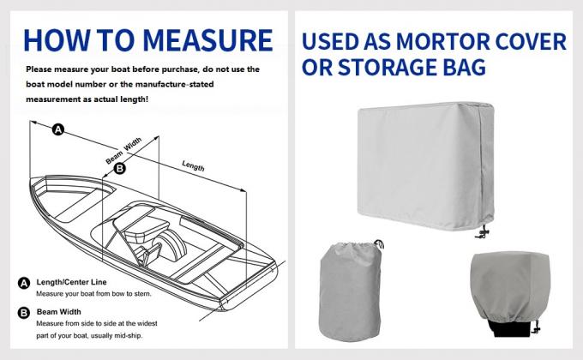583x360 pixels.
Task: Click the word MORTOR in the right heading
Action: (x=467, y=41)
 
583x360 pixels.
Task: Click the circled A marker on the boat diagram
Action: (x=57, y=130)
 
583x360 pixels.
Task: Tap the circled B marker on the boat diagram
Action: (x=119, y=169)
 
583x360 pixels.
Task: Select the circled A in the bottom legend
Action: (x=23, y=283)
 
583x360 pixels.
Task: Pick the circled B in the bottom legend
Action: (x=23, y=311)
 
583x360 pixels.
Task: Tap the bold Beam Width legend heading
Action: (x=59, y=311)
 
